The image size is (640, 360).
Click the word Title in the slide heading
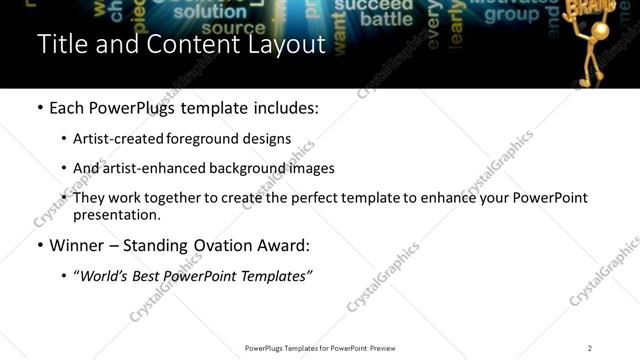coord(62,45)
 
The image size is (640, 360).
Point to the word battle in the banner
coord(386,19)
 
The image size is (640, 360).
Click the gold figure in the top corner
coord(603,40)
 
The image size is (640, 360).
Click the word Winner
coord(77,245)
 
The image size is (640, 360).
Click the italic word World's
coord(105,275)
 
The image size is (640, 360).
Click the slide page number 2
coord(590,348)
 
